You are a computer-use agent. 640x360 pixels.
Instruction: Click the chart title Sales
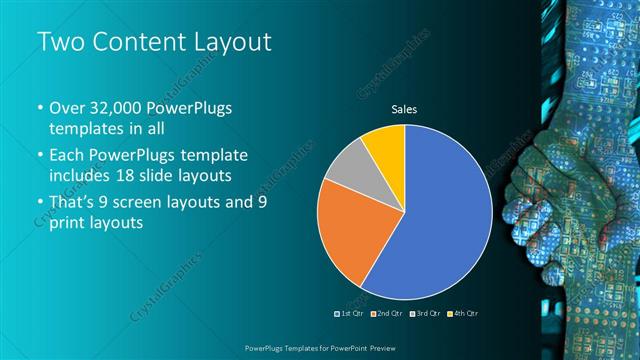[x=404, y=109]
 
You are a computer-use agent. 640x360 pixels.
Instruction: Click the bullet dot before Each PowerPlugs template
[x=40, y=157]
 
